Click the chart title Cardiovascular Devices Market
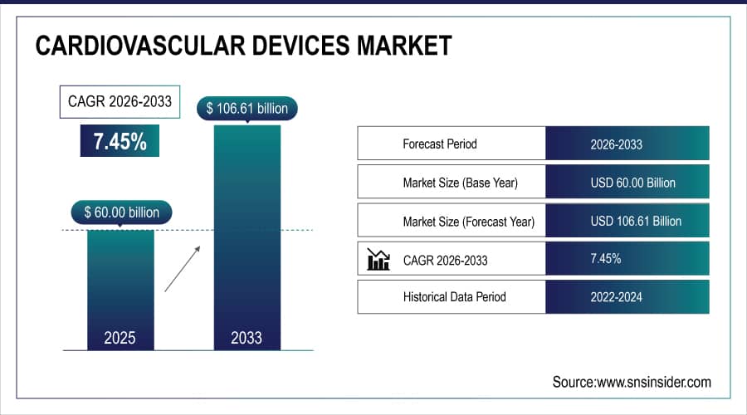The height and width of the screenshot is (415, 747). click(x=243, y=46)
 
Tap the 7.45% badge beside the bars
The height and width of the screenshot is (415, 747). click(x=120, y=142)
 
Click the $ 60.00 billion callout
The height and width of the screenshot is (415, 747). click(x=121, y=212)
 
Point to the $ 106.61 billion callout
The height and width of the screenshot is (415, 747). click(x=247, y=108)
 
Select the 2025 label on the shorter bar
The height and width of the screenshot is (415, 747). click(x=121, y=338)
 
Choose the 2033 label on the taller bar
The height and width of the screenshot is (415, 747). click(x=247, y=338)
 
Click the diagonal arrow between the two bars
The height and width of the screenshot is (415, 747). click(x=182, y=267)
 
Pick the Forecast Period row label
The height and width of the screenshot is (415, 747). click(x=440, y=144)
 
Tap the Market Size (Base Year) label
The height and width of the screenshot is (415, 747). click(x=460, y=183)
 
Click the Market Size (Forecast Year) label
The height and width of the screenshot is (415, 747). click(x=468, y=222)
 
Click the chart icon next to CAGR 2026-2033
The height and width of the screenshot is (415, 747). click(x=378, y=260)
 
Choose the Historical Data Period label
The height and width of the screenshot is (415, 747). click(x=454, y=296)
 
